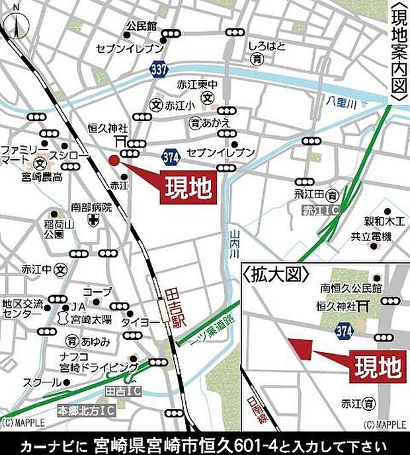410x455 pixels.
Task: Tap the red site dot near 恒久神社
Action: click(x=114, y=160)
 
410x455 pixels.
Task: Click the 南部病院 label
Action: click(x=91, y=207)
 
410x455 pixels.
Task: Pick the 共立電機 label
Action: click(x=372, y=236)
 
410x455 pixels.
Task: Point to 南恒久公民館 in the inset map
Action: click(x=351, y=289)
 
